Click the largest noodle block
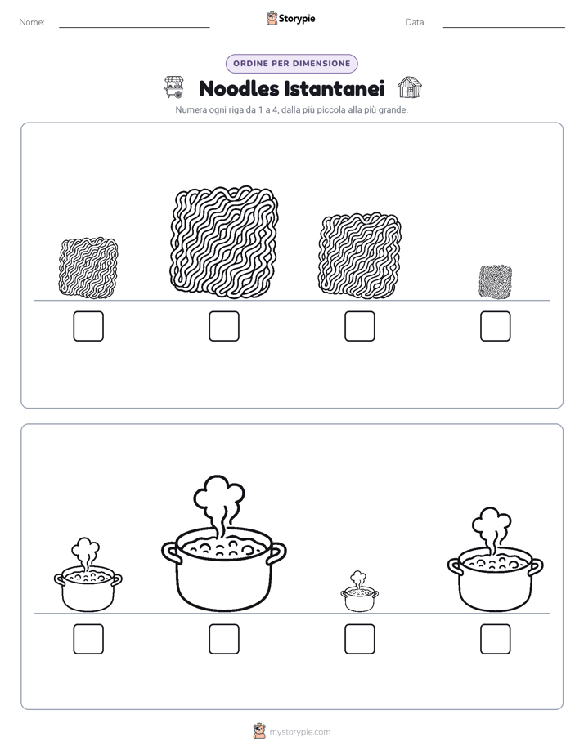(x=224, y=242)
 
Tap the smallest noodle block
(x=496, y=282)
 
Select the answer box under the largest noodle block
(x=224, y=326)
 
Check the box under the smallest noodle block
(x=496, y=326)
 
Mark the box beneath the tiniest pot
(x=359, y=639)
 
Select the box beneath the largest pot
(x=224, y=639)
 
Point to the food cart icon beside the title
(x=174, y=87)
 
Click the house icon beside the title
(x=410, y=87)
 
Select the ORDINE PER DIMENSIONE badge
(x=291, y=64)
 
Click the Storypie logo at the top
(x=290, y=19)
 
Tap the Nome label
(x=32, y=22)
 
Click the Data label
(x=416, y=22)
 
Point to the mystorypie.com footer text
(x=299, y=732)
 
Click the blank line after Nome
(x=134, y=28)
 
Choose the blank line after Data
(x=504, y=28)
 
